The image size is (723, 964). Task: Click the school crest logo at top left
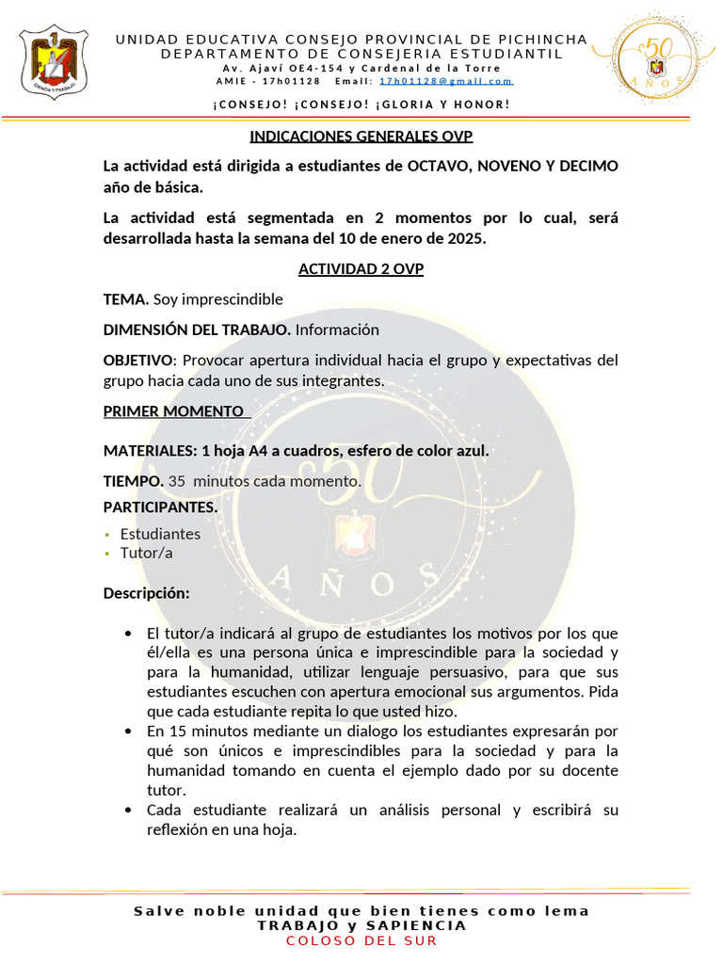(x=54, y=62)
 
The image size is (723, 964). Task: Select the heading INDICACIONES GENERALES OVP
(x=361, y=136)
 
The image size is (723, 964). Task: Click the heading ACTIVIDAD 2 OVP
(x=361, y=269)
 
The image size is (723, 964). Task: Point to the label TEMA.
(x=126, y=299)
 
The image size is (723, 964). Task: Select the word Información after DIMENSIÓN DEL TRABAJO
(x=337, y=329)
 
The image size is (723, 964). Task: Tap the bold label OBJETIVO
(x=138, y=361)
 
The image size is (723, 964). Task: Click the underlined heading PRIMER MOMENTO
(x=173, y=411)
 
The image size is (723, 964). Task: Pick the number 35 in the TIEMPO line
(x=177, y=481)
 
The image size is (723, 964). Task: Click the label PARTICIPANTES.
(x=160, y=507)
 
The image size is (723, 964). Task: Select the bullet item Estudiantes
(x=160, y=534)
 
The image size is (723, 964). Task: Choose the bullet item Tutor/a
(x=146, y=553)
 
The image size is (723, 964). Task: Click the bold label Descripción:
(x=146, y=594)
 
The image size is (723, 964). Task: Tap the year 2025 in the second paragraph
(x=466, y=238)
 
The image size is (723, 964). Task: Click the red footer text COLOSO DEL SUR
(x=361, y=940)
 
